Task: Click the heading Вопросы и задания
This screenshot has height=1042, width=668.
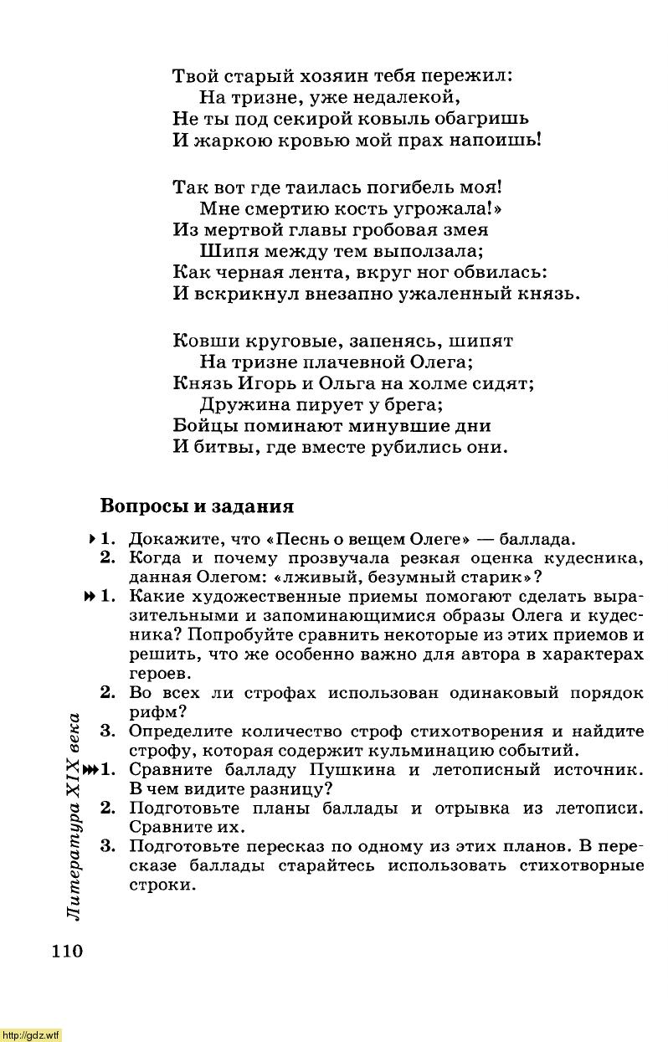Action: pyautogui.click(x=197, y=506)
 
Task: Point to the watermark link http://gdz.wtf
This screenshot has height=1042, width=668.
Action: pyautogui.click(x=31, y=1035)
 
